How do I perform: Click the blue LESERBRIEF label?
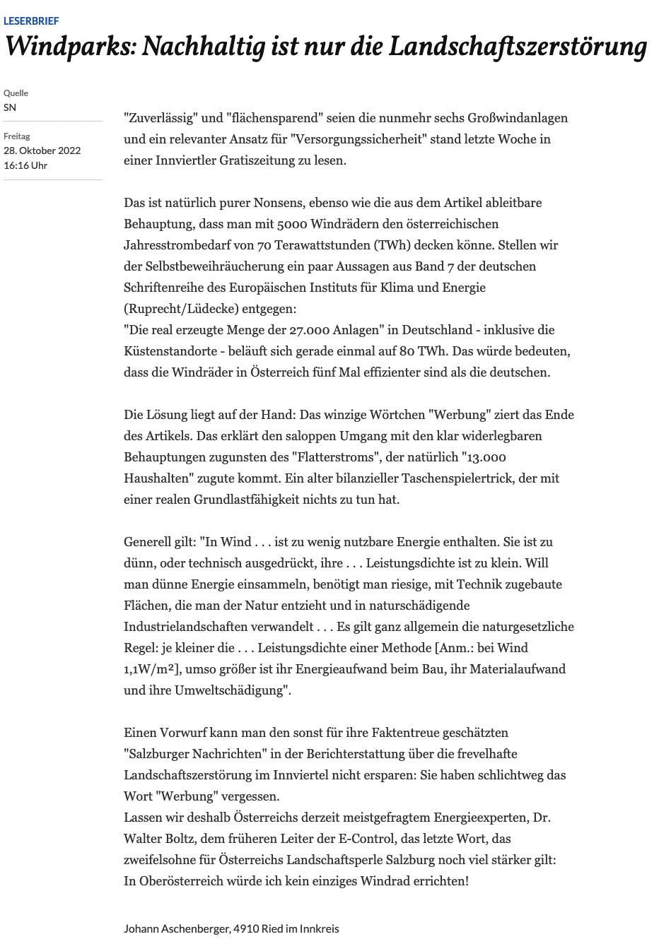(31, 21)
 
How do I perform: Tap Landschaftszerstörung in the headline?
(517, 47)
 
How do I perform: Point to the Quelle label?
(16, 93)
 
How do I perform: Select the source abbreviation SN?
(10, 107)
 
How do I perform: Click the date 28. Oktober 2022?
(42, 151)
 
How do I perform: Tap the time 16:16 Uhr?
(25, 165)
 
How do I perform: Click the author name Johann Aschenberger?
(176, 928)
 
